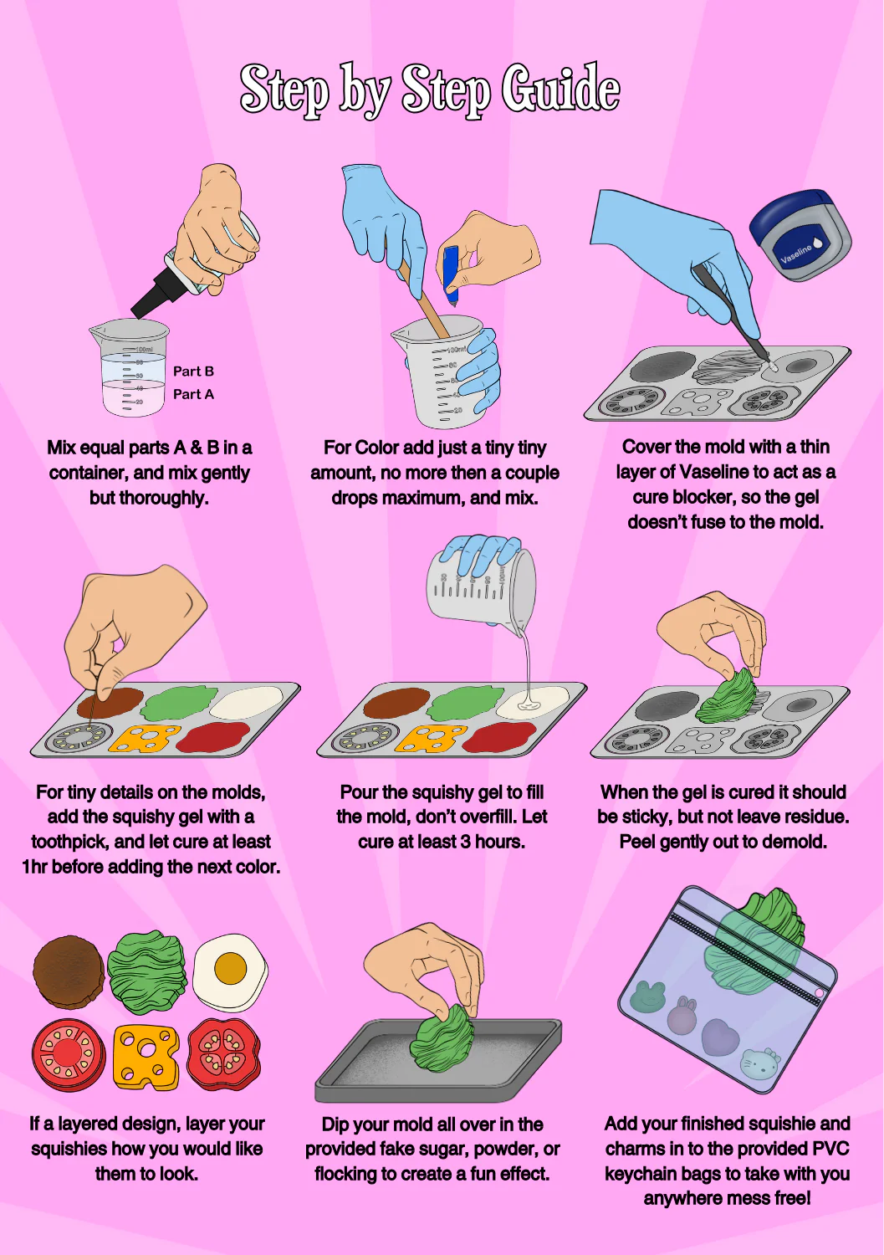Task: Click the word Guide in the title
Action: click(560, 90)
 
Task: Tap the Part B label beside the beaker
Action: click(193, 371)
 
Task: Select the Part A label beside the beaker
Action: click(193, 394)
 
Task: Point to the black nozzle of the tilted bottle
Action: click(157, 293)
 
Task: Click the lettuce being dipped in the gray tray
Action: click(441, 1038)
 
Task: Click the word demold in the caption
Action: click(798, 842)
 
